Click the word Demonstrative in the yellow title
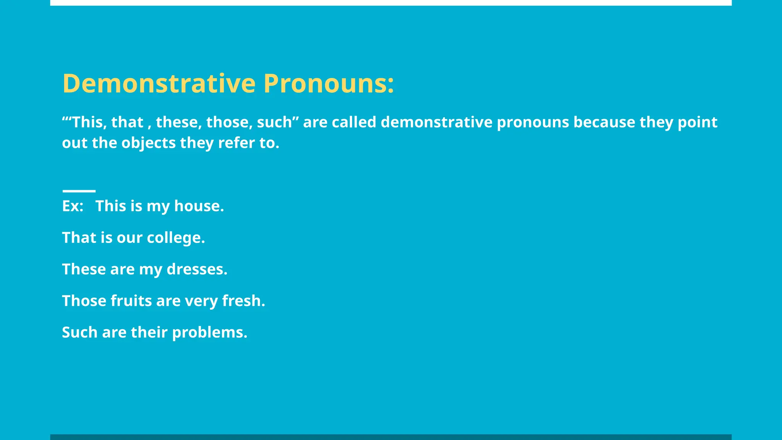click(x=159, y=83)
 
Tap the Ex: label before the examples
click(x=73, y=206)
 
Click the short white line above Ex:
click(x=79, y=191)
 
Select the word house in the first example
click(x=199, y=206)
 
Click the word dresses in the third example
click(x=197, y=269)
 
